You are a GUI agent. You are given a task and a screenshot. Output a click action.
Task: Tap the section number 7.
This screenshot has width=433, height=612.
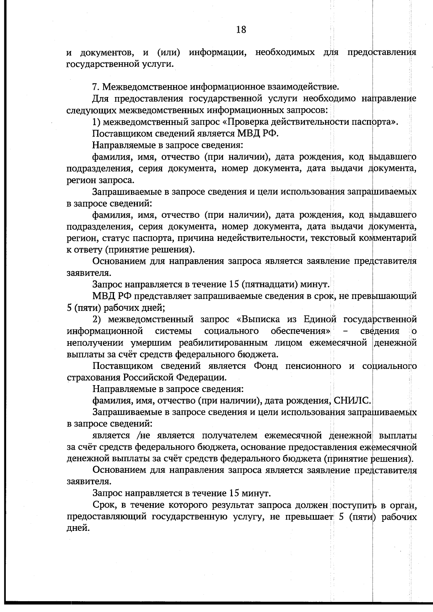coord(96,87)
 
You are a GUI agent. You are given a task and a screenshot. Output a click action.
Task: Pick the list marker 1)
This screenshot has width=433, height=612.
coord(97,122)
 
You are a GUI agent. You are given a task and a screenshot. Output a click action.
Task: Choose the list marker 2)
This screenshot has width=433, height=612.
coord(99,320)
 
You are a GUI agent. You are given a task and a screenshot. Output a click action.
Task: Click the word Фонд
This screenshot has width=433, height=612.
coord(266,366)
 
